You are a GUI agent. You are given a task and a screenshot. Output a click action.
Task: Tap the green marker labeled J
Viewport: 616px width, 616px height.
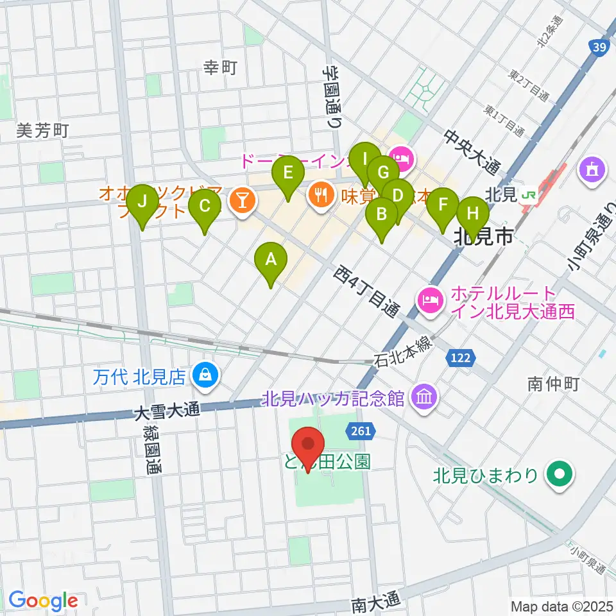pos(142,203)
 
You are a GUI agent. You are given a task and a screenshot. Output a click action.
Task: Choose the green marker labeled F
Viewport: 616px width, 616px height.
pos(443,205)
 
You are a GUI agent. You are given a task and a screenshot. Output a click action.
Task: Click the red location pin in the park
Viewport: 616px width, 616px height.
pos(308,445)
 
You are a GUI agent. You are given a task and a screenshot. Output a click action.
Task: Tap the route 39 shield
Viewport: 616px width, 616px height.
pos(597,47)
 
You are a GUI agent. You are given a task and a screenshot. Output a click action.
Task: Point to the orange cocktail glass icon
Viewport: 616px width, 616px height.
pos(243,200)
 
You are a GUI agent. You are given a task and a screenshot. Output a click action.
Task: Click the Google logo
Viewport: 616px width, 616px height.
pos(43,601)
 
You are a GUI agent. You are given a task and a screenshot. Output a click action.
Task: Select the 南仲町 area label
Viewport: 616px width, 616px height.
pos(554,384)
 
